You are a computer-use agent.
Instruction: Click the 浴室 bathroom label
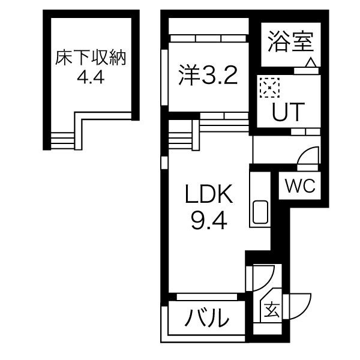coord(291,41)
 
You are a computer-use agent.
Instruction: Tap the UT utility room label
coord(288,112)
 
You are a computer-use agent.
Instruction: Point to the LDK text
coord(209,194)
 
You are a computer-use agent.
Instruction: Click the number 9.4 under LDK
coord(209,220)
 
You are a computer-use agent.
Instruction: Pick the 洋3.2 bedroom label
coord(208,75)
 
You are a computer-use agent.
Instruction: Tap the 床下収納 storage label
coord(91,58)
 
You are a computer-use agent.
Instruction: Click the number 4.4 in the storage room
coord(91,77)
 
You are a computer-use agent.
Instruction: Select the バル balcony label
coord(207,318)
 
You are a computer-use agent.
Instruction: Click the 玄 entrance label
coord(272,310)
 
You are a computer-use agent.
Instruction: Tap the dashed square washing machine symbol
coord(269,88)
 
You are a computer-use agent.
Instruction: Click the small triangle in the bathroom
coord(311,62)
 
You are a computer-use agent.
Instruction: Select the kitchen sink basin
coord(260,212)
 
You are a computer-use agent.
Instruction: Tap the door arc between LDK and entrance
coord(263,278)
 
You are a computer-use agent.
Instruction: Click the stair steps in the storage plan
coord(62,141)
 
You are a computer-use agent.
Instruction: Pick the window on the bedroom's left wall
coord(164,77)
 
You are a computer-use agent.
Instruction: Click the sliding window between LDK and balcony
coord(207,297)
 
